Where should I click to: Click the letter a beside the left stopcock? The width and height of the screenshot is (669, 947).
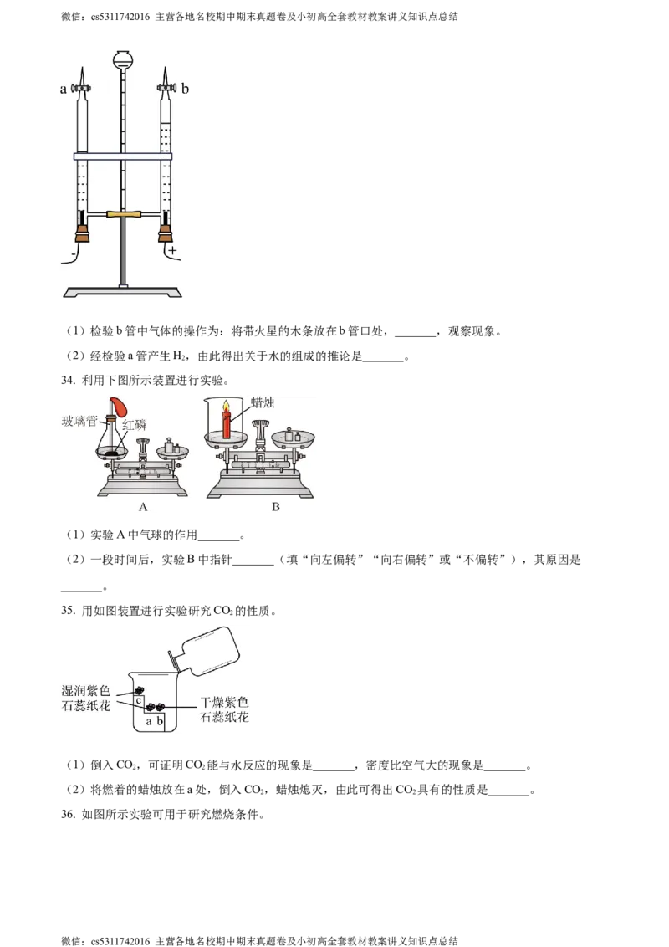pyautogui.click(x=63, y=89)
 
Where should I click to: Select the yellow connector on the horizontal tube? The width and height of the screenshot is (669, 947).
pyautogui.click(x=124, y=216)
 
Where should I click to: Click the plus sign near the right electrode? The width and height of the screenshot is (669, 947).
pyautogui.click(x=173, y=251)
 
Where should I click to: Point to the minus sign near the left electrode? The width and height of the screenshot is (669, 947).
pyautogui.click(x=74, y=251)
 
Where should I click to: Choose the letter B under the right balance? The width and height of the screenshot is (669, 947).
pyautogui.click(x=275, y=507)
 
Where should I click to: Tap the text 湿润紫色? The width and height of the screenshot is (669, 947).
pyautogui.click(x=87, y=692)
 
